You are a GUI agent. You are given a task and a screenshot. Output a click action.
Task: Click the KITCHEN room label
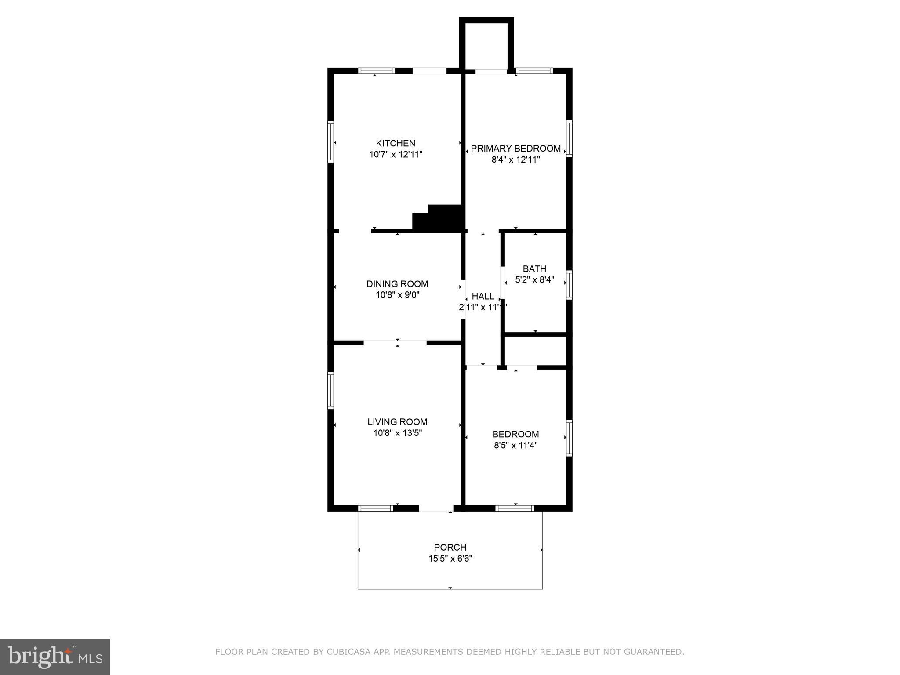(x=395, y=143)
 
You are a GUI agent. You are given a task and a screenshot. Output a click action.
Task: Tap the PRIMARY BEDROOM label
(x=515, y=149)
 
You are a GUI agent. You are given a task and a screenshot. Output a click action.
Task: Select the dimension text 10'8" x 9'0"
(x=397, y=295)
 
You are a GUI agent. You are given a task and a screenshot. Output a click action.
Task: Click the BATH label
(x=534, y=269)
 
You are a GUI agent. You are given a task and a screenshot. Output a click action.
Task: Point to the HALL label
(x=483, y=296)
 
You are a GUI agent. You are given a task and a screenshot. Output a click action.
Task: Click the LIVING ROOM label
(x=397, y=422)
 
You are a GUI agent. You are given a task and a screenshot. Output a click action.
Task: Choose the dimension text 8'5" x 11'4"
(x=515, y=445)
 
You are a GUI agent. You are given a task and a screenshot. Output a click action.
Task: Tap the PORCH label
(x=450, y=547)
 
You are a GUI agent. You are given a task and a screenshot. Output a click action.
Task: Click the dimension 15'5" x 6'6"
(x=450, y=559)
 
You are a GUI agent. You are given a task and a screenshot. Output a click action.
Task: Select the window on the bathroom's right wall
(x=569, y=285)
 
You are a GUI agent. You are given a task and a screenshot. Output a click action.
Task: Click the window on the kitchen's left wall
(x=330, y=142)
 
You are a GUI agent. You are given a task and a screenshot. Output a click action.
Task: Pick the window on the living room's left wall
(x=330, y=391)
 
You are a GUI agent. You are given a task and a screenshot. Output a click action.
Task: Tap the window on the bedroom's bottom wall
(x=515, y=508)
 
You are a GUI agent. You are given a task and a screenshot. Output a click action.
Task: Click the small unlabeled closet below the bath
(x=535, y=350)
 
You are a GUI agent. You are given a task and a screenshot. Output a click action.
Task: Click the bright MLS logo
(x=55, y=657)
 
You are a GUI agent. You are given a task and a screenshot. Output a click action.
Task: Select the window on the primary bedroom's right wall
(x=569, y=139)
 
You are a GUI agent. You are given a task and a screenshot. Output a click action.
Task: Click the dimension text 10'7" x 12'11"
(x=396, y=155)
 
